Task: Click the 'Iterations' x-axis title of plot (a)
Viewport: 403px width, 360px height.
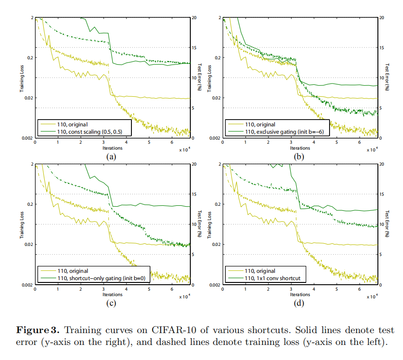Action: [112, 148]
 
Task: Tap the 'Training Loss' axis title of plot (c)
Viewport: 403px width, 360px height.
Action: [22, 224]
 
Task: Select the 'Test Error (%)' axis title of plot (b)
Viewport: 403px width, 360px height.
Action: [387, 78]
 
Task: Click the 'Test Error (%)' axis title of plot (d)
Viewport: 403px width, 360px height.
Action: [387, 224]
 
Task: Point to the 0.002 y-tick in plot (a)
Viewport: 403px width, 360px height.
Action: [27, 138]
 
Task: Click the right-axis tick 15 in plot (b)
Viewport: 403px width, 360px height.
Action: [382, 47]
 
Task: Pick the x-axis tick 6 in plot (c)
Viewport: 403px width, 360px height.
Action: [172, 289]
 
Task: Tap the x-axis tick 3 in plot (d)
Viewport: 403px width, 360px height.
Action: [291, 289]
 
